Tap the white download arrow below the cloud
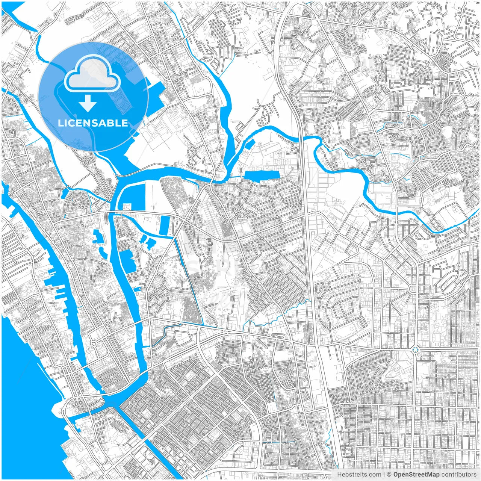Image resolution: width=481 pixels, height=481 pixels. pos(88,103)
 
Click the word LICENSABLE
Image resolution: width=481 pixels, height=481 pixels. pos(92,123)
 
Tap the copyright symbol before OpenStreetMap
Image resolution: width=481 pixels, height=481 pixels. pos(389,475)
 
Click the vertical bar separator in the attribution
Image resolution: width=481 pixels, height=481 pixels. pos(384,475)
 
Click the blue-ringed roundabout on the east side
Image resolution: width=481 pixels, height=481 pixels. pos(415,350)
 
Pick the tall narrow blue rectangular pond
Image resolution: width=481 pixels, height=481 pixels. pos(165,225)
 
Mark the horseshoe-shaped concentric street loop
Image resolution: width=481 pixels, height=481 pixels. pos(77,205)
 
